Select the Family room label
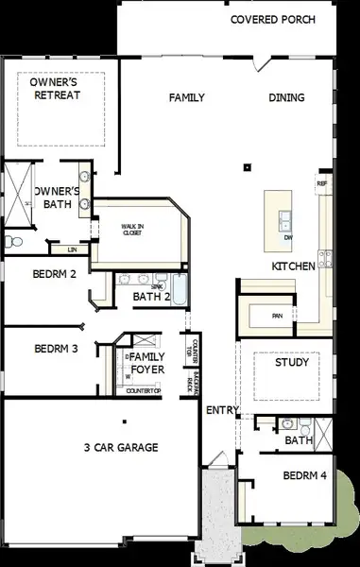coord(187,97)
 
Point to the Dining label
coord(286,97)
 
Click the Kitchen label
coord(293,266)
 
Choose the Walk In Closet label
coord(132,230)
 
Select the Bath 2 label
coord(151,296)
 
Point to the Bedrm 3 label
coord(56,348)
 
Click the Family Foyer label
coord(146,362)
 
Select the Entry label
coord(223,409)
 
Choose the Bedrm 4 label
coord(305,475)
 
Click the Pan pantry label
coord(278,316)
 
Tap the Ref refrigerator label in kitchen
coord(322,183)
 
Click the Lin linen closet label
coord(73,249)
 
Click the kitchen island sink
coord(284,222)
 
